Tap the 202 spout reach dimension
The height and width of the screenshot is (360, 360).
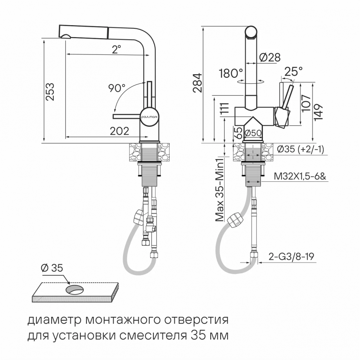click(x=119, y=131)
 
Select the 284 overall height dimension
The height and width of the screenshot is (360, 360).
click(x=197, y=83)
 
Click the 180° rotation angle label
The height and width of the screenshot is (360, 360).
click(x=231, y=73)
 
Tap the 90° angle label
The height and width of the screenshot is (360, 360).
click(x=117, y=87)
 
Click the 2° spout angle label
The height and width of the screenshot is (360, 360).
click(x=116, y=49)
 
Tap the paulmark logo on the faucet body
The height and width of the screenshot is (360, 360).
click(x=148, y=117)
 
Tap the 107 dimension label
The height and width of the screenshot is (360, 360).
click(x=306, y=104)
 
